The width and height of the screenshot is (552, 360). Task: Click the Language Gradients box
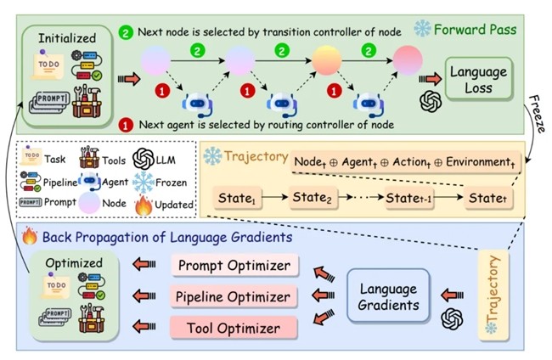click(x=387, y=295)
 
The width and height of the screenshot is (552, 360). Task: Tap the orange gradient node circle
click(x=326, y=61)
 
